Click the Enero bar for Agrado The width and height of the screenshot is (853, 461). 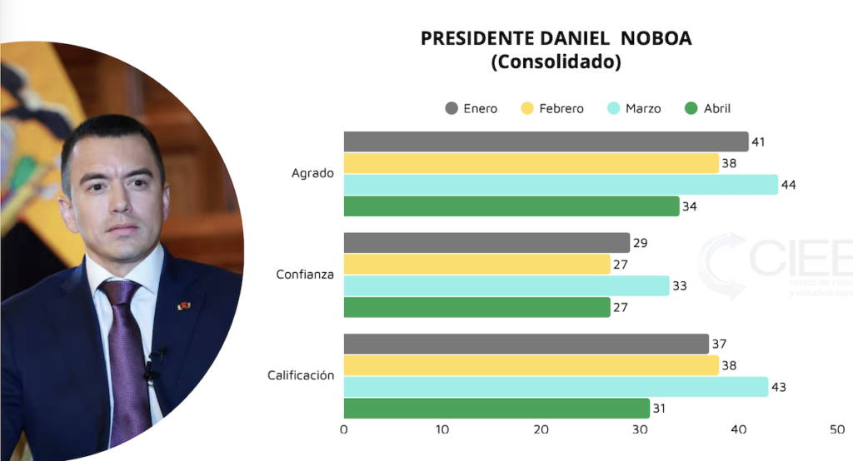546,141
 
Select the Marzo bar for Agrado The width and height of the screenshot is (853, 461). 561,185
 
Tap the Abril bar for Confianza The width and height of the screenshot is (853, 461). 476,307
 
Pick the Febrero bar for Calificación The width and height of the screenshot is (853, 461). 531,365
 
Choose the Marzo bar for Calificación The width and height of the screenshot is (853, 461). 556,387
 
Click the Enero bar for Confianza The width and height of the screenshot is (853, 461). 486,243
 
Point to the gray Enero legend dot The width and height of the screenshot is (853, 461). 452,108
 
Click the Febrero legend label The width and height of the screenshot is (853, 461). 561,108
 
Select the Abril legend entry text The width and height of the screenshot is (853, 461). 717,108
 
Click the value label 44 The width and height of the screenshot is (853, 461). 789,185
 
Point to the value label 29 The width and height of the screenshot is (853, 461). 641,243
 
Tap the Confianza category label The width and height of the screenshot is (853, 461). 305,275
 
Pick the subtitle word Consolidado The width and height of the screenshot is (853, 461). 556,62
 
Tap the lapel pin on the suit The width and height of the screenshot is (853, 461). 184,305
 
